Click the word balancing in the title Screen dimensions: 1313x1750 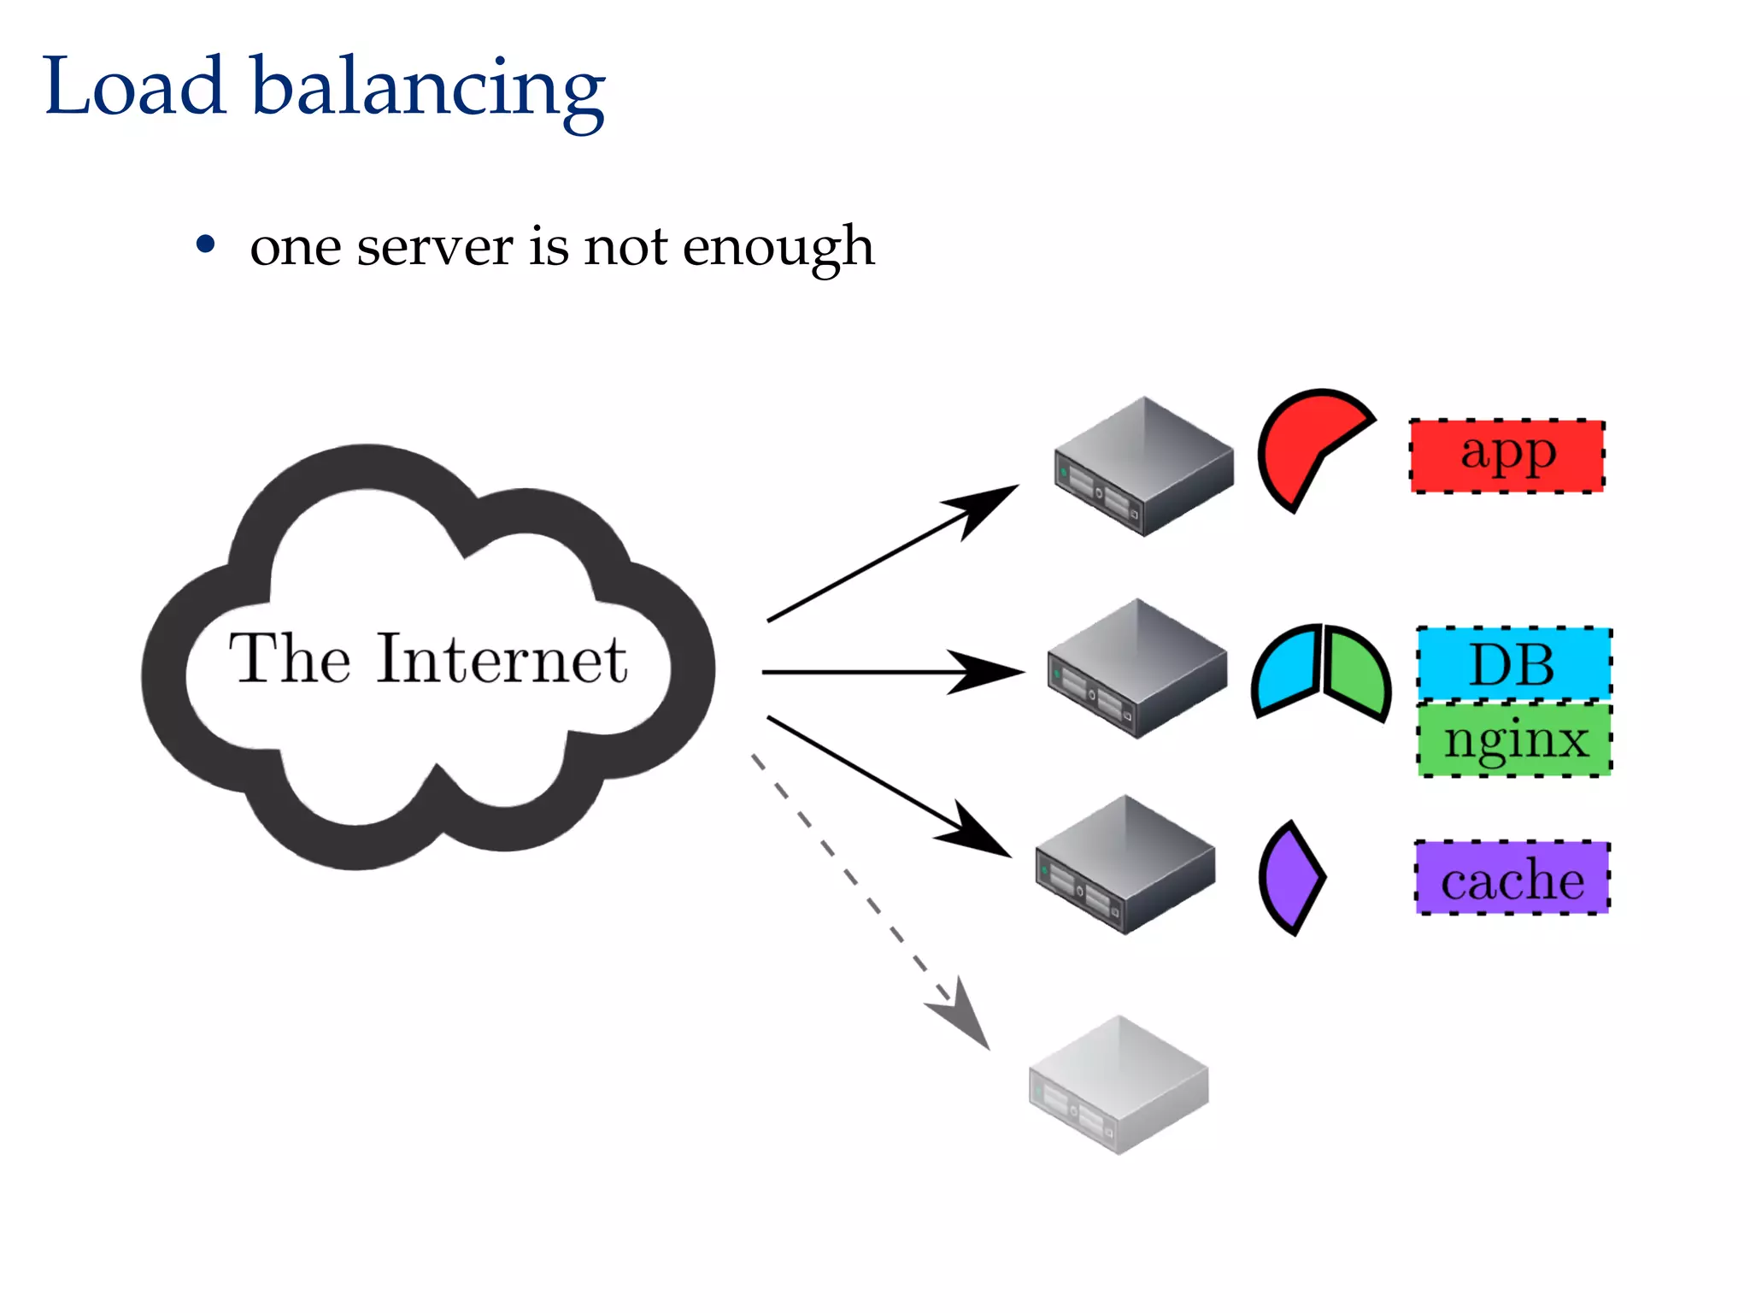point(427,90)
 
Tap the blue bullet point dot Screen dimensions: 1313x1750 point(205,245)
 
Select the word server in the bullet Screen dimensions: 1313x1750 point(434,247)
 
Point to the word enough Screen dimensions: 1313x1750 point(778,249)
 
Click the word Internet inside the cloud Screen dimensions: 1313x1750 point(502,659)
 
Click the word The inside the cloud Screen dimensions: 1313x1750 point(290,659)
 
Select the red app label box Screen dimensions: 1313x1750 point(1506,456)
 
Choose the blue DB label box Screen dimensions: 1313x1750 point(1513,664)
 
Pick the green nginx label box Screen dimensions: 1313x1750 point(1515,739)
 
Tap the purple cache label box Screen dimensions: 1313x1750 point(1512,878)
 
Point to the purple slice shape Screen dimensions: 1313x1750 point(1291,878)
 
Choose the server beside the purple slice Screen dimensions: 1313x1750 point(1124,864)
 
